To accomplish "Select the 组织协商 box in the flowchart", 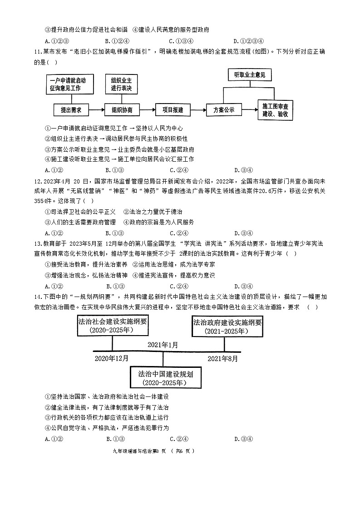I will (122, 110).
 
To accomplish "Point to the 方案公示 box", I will (223, 110).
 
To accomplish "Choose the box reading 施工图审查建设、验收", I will (275, 110).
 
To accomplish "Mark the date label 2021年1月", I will (163, 345).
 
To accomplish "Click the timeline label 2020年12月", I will (111, 358).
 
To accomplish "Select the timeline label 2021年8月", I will (222, 358).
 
